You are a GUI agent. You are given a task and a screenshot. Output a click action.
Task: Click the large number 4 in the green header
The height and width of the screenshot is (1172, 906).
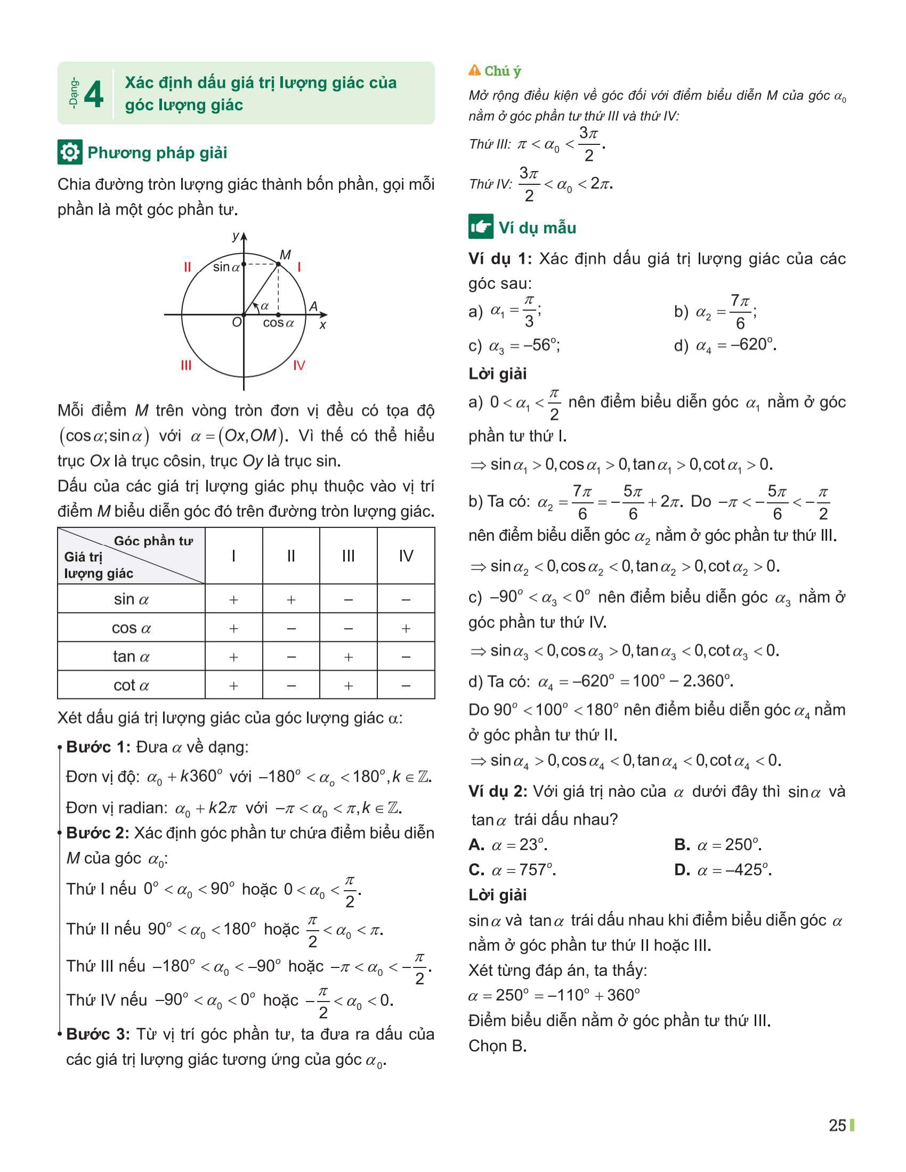pyautogui.click(x=94, y=94)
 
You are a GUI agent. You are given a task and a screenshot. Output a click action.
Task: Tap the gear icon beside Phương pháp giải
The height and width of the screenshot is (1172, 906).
pyautogui.click(x=69, y=152)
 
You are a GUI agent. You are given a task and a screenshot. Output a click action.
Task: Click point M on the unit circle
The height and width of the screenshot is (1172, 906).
pyautogui.click(x=279, y=264)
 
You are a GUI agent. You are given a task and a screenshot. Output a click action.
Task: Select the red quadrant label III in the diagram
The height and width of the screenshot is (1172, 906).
pyautogui.click(x=185, y=365)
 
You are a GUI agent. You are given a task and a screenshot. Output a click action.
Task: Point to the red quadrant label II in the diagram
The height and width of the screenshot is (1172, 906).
pyautogui.click(x=187, y=267)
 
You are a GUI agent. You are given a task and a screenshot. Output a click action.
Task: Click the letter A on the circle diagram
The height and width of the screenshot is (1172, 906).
pyautogui.click(x=313, y=306)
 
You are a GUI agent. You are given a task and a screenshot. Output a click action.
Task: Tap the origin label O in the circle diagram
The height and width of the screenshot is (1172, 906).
pyautogui.click(x=236, y=322)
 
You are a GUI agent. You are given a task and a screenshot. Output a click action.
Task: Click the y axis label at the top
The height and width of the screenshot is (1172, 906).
pyautogui.click(x=235, y=236)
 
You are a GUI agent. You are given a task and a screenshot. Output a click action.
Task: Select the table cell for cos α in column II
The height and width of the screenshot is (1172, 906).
pyautogui.click(x=291, y=628)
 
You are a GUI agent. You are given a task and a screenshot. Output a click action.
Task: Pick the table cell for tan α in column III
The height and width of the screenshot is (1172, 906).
pyautogui.click(x=349, y=657)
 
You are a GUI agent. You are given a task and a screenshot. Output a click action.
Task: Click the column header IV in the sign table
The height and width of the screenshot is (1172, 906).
pyautogui.click(x=406, y=556)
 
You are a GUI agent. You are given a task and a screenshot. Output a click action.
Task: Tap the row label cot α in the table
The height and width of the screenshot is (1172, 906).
pyautogui.click(x=131, y=685)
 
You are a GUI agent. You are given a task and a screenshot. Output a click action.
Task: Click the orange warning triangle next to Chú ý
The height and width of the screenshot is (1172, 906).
pyautogui.click(x=474, y=70)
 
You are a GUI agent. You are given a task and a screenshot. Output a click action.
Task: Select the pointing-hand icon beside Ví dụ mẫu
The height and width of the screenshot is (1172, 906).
pyautogui.click(x=480, y=227)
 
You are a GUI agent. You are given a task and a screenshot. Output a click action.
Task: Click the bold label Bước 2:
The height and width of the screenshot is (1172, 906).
pyautogui.click(x=97, y=833)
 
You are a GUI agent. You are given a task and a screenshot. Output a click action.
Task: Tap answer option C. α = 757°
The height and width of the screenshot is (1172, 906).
pyautogui.click(x=512, y=870)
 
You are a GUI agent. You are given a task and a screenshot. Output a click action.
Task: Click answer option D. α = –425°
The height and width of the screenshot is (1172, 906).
pyautogui.click(x=723, y=870)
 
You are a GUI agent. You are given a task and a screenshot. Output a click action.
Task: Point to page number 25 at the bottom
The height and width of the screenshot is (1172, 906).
pyautogui.click(x=837, y=1126)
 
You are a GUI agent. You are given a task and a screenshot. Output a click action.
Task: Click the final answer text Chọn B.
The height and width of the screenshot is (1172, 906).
pyautogui.click(x=497, y=1046)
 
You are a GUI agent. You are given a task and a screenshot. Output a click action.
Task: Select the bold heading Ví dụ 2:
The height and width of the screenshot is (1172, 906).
pyautogui.click(x=498, y=792)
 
